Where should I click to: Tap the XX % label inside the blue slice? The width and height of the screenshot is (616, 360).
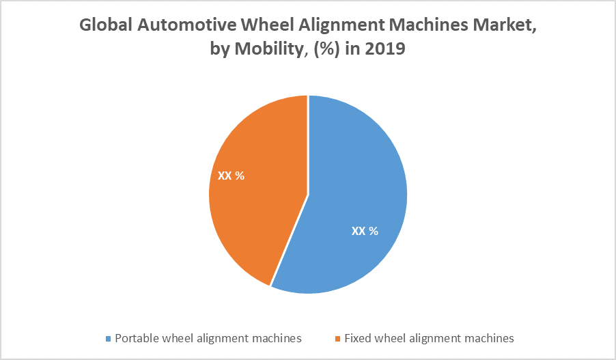point(365,231)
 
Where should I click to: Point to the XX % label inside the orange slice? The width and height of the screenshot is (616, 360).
point(231,176)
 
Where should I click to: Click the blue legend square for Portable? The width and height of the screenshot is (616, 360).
point(109,338)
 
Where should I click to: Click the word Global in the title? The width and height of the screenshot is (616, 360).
point(105,26)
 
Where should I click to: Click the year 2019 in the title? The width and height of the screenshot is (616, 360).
point(386,49)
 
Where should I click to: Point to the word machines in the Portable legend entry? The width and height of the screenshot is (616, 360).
point(274,337)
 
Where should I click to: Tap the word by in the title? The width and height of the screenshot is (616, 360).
point(220,49)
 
